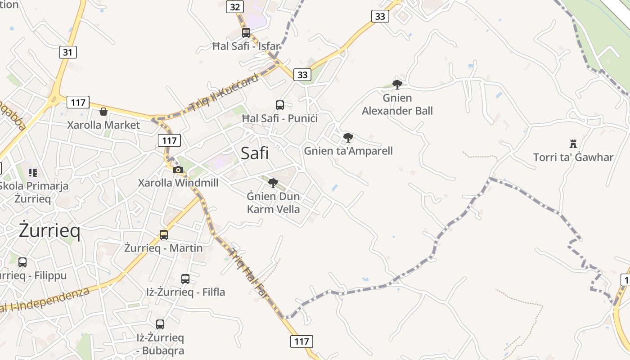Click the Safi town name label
pos(255,153)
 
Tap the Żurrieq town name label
pos(49,230)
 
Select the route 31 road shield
pos(67,52)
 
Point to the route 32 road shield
pos(235,7)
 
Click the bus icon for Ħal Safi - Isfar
pos(246,32)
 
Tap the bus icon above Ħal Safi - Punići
pos(280,105)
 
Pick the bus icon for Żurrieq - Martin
pos(164,234)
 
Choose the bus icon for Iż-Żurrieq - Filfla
pos(185,279)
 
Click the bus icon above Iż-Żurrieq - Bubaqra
pos(160,324)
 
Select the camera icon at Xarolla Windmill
pos(178,170)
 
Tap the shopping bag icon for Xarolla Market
pos(103,112)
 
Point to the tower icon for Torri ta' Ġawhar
pos(573,144)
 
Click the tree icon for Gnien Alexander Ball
pos(397,84)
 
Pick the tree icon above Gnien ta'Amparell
pos(348,137)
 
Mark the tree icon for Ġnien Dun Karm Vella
pos(273,183)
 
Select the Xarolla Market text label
pos(103,125)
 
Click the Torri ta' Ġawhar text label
pos(573,157)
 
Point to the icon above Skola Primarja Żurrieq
pos(32,172)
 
